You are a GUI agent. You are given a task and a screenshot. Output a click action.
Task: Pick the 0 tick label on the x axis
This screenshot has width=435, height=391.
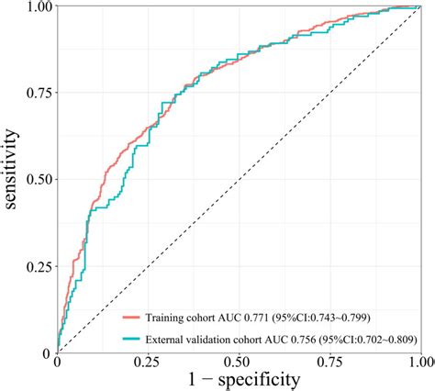pos(58,364)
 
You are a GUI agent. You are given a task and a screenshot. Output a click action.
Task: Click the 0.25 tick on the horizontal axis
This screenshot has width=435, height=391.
pos(148,364)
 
